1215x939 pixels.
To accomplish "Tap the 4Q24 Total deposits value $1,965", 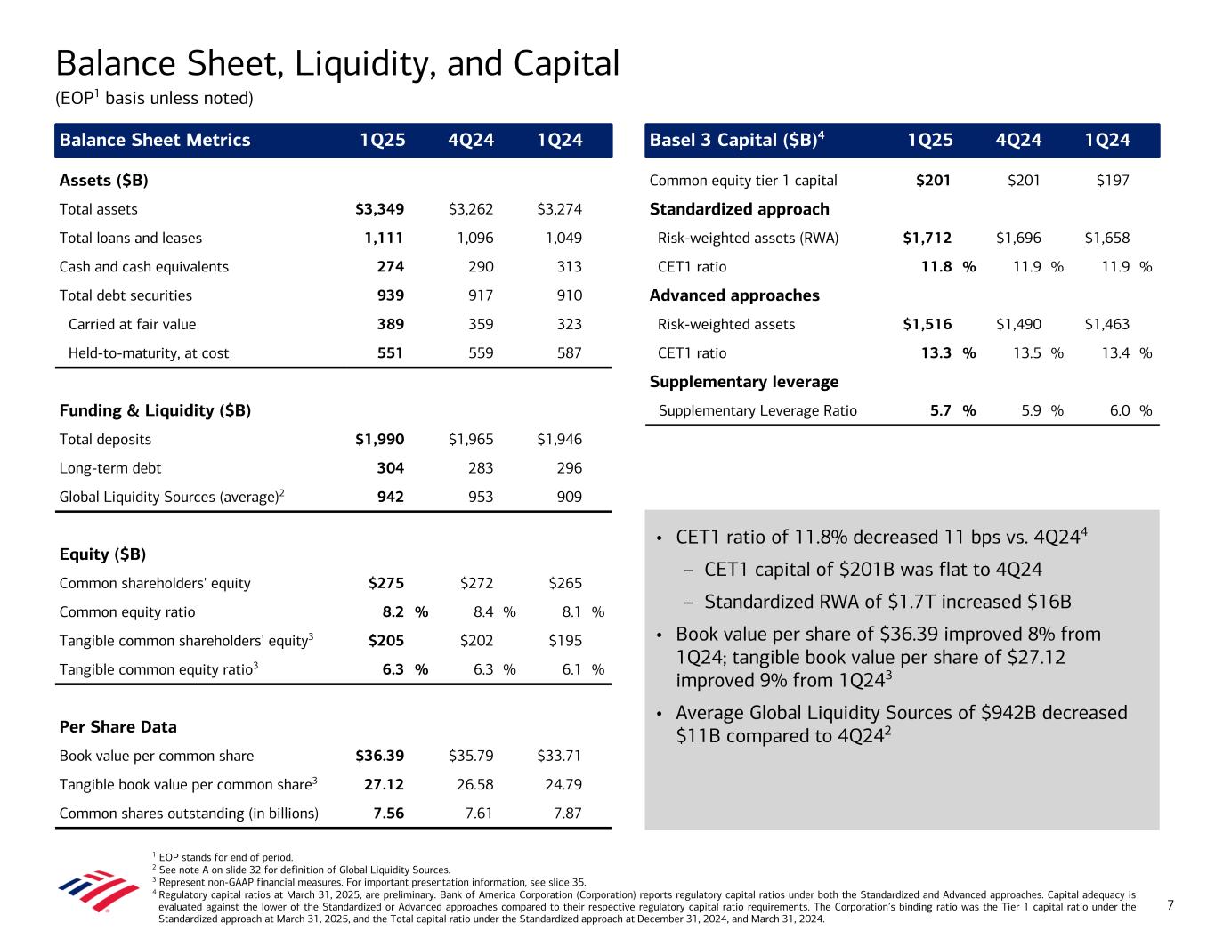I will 471,439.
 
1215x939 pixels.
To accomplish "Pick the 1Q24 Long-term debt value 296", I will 567,468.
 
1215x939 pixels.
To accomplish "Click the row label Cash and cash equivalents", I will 143,267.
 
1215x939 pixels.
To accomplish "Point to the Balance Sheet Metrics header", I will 155,140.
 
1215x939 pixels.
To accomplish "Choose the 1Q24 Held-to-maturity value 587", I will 567,353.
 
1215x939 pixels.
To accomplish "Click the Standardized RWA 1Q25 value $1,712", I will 927,238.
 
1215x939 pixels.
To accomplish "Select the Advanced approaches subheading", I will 734,295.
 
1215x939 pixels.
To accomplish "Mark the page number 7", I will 1170,905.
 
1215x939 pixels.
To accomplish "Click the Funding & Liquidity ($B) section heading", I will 155,410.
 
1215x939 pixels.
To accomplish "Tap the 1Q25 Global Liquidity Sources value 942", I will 390,497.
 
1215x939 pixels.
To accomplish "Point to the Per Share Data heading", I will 117,726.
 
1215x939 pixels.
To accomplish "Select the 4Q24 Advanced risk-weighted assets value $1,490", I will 1018,324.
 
